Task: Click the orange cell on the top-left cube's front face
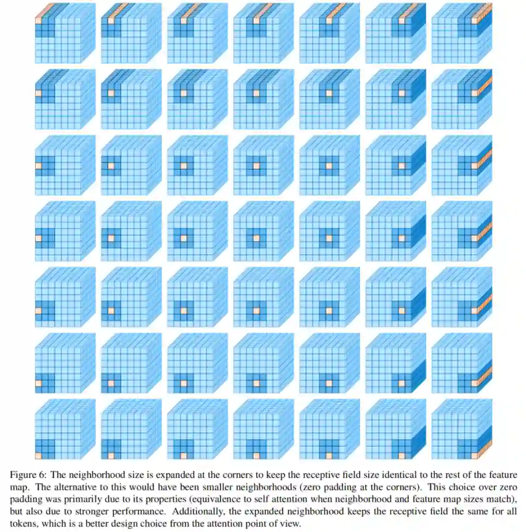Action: point(38,20)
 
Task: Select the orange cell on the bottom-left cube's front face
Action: point(38,456)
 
